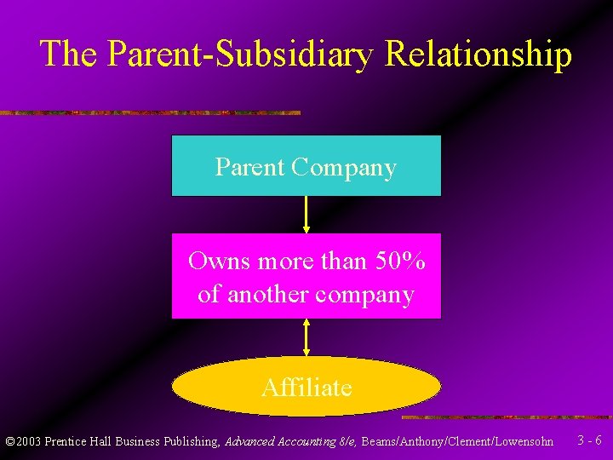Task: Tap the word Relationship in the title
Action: point(478,54)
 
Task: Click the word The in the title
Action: point(70,54)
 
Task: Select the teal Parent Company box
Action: point(306,166)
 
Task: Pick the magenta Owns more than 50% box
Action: point(306,276)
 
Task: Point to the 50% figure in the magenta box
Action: point(400,261)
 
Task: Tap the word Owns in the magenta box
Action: point(219,261)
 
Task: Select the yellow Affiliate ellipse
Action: point(306,387)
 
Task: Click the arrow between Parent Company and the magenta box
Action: point(306,215)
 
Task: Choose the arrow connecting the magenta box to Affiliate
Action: point(306,337)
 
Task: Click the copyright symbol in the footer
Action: point(10,442)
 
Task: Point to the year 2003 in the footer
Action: point(28,442)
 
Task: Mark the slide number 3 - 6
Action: point(589,441)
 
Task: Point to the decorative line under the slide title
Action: point(150,112)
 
